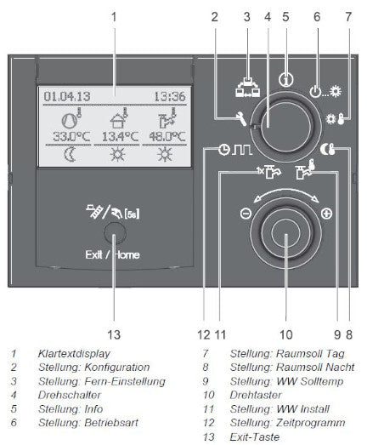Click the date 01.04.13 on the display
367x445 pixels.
click(67, 96)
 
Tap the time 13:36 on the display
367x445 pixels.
click(170, 96)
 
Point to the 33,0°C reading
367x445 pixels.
click(71, 136)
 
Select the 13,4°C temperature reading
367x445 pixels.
click(120, 136)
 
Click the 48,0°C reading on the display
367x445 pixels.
click(167, 136)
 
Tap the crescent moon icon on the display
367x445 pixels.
click(70, 155)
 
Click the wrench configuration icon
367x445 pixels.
click(242, 118)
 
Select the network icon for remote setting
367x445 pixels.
click(247, 87)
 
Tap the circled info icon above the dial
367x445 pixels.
click(286, 80)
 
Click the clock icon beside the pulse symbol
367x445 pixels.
click(224, 150)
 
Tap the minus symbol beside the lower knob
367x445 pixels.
click(246, 213)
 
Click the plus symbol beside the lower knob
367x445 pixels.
click(327, 213)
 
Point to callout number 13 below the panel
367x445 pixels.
click(114, 334)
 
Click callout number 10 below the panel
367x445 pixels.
click(286, 334)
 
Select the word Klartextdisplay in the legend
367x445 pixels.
click(74, 354)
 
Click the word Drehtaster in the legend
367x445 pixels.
click(256, 395)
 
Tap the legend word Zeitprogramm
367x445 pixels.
click(311, 423)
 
